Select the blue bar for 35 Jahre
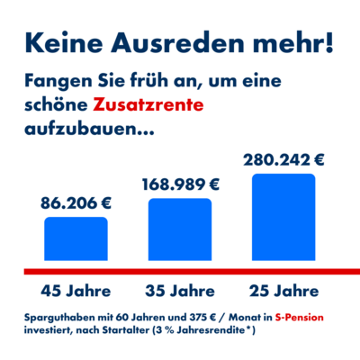click(x=180, y=232)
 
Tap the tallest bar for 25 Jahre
click(x=283, y=220)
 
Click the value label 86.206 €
click(x=76, y=203)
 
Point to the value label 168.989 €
click(x=180, y=184)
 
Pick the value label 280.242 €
click(x=283, y=160)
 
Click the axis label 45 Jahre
click(x=76, y=291)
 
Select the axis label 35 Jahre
click(x=180, y=291)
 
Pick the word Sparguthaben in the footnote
click(x=60, y=318)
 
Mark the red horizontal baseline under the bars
click(x=180, y=271)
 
